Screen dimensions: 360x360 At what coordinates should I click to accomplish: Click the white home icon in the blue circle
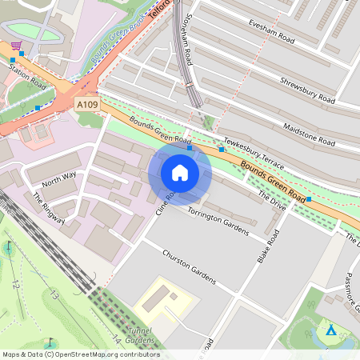[180, 173]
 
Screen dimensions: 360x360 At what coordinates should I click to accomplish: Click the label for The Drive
[272, 194]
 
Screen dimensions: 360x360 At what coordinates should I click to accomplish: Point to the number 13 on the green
[54, 295]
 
